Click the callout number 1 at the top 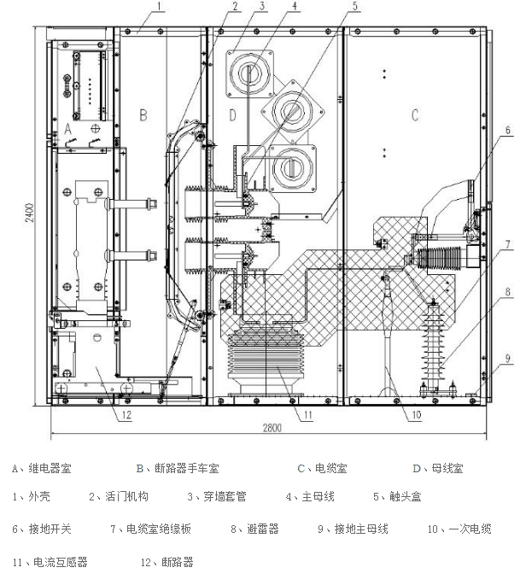pyautogui.click(x=160, y=6)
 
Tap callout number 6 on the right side pyautogui.click(x=506, y=130)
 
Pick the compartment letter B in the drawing pyautogui.click(x=143, y=113)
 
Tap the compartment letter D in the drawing pyautogui.click(x=231, y=114)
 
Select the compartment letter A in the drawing pyautogui.click(x=69, y=126)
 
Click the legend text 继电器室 pyautogui.click(x=48, y=468)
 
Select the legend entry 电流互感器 pyautogui.click(x=59, y=562)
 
